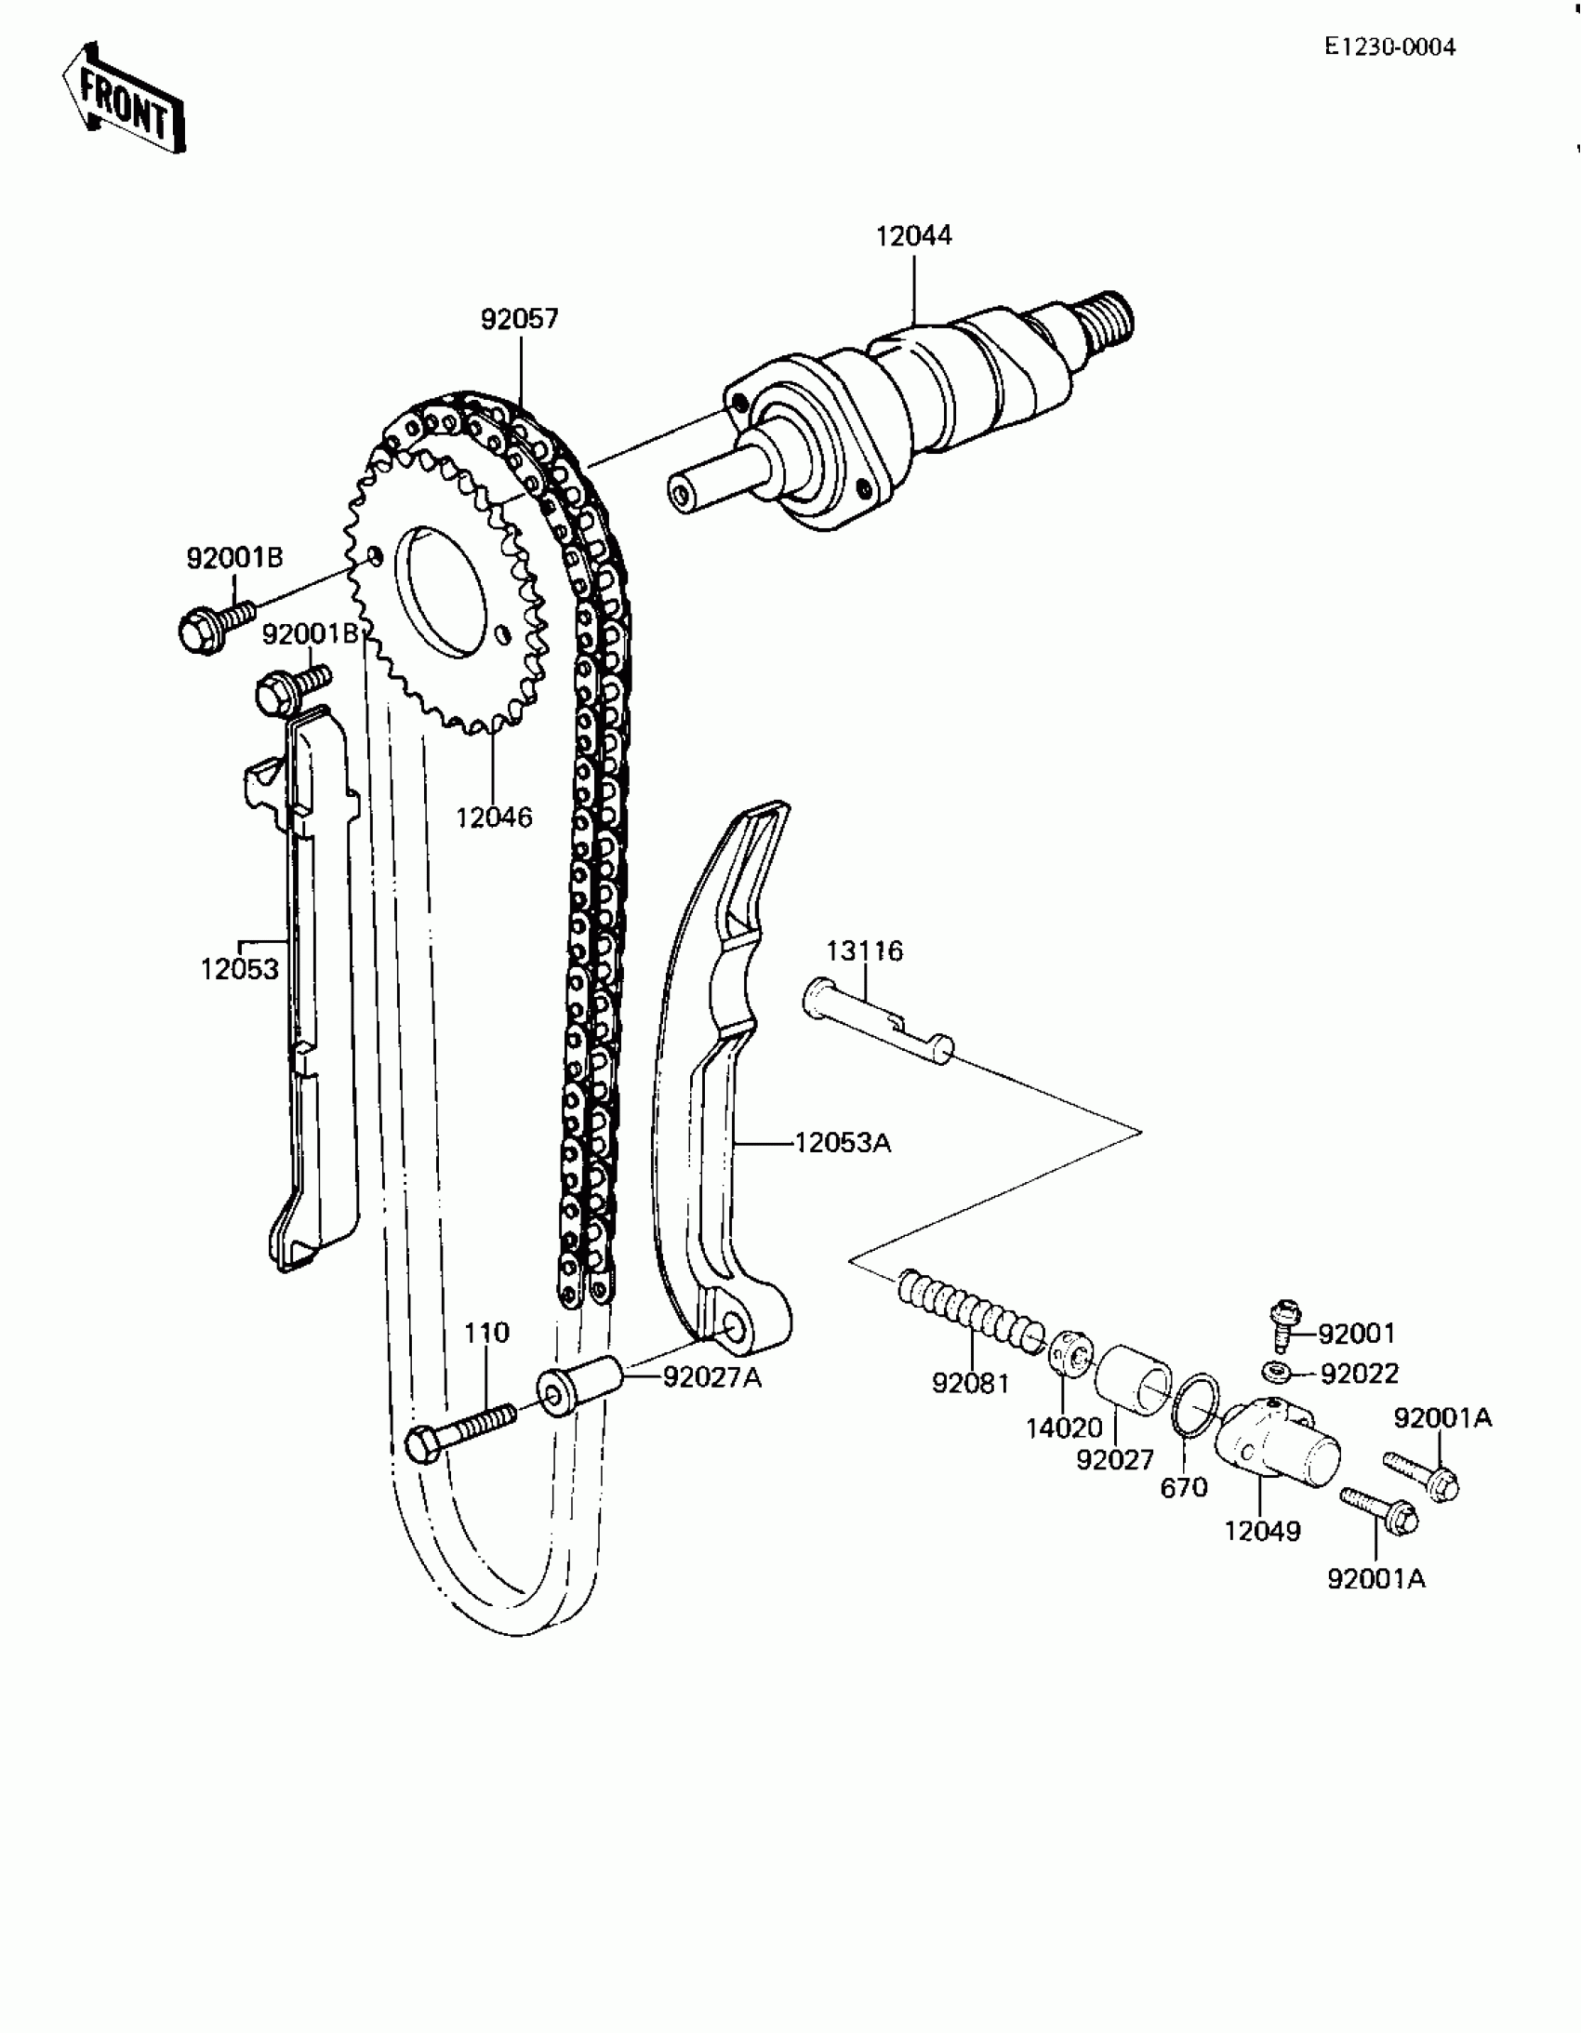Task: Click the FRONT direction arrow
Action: click(124, 99)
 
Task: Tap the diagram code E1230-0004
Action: click(1389, 47)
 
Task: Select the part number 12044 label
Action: click(913, 236)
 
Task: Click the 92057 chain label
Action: click(520, 320)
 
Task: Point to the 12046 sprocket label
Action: click(494, 818)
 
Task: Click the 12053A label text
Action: click(843, 1142)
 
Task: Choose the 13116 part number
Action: click(865, 951)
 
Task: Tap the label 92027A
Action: click(712, 1378)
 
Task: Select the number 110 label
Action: click(487, 1333)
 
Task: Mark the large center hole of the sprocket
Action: click(443, 591)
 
